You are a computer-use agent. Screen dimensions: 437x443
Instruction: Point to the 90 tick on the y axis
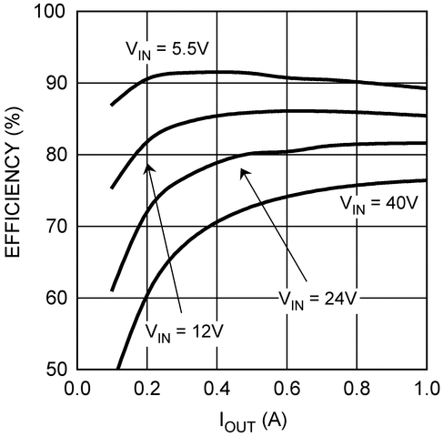pyautogui.click(x=54, y=83)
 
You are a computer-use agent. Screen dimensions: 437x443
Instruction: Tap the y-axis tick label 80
pyautogui.click(x=54, y=155)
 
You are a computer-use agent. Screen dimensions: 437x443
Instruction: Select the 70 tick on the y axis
pyautogui.click(x=54, y=226)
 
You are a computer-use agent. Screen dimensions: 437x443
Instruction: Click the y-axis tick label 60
pyautogui.click(x=54, y=298)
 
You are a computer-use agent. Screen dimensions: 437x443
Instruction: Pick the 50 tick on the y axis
pyautogui.click(x=54, y=369)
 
